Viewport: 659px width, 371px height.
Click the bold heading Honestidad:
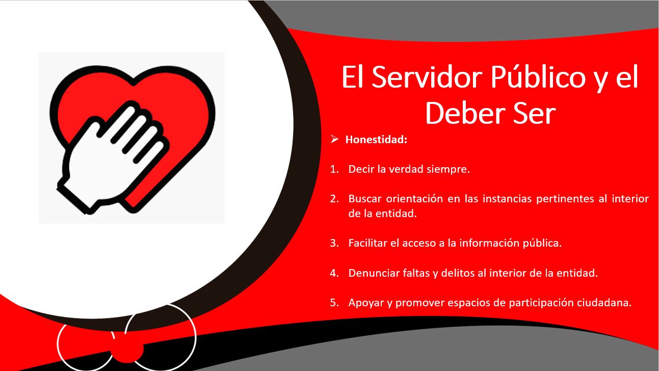click(x=376, y=140)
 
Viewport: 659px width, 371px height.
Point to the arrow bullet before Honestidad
click(x=334, y=139)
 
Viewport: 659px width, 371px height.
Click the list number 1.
click(x=334, y=169)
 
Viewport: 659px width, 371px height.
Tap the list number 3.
click(x=334, y=243)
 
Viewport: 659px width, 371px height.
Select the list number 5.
click(x=334, y=302)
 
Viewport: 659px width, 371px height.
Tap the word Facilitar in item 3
click(x=367, y=243)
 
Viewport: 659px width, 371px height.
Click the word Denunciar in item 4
click(x=373, y=273)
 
